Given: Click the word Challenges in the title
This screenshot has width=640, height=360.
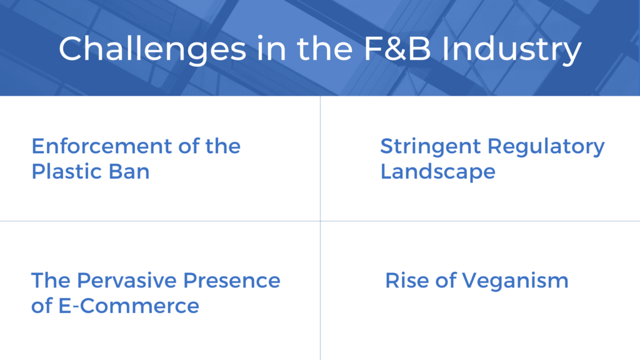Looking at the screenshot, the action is [152, 49].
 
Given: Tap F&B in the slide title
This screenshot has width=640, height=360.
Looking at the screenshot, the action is [397, 49].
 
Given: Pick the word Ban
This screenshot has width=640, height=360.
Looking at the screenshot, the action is [123, 171].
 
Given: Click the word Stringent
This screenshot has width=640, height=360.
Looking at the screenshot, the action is [431, 147].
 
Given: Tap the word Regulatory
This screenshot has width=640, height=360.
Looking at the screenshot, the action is [546, 147].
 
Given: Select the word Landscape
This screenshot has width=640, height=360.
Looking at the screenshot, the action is [438, 172].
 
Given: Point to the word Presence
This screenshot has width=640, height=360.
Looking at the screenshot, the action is [231, 281].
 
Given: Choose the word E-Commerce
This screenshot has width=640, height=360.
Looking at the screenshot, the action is [129, 306].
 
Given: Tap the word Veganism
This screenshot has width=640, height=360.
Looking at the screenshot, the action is [515, 281].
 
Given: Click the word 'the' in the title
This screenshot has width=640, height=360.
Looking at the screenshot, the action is [325, 49].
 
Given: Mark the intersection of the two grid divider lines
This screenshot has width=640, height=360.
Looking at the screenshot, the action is [321, 221].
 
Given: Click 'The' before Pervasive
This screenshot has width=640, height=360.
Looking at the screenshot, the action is [51, 281].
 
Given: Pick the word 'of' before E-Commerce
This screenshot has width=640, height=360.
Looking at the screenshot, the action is [42, 306].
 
